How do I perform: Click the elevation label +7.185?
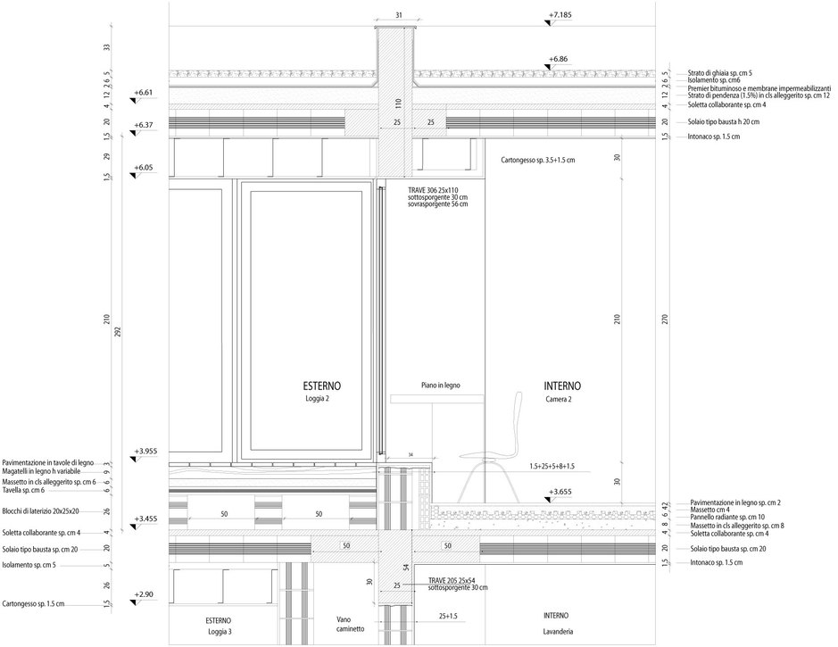560,15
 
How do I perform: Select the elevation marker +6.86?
558,59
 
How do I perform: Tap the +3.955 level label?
145,452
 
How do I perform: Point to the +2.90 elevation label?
144,594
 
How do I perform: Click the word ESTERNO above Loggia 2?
322,386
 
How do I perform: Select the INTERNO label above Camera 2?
562,386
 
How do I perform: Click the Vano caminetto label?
350,624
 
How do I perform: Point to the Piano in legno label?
440,386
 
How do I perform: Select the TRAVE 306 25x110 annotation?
433,190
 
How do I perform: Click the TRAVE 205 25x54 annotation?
452,580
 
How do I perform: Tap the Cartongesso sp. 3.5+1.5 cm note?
538,160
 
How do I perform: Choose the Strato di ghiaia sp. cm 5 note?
720,72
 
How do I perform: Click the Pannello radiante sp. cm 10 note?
727,518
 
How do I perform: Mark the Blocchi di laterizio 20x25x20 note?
41,510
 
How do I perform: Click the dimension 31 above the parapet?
399,15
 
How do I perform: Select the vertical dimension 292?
118,332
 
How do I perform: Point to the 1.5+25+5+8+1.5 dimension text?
552,466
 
